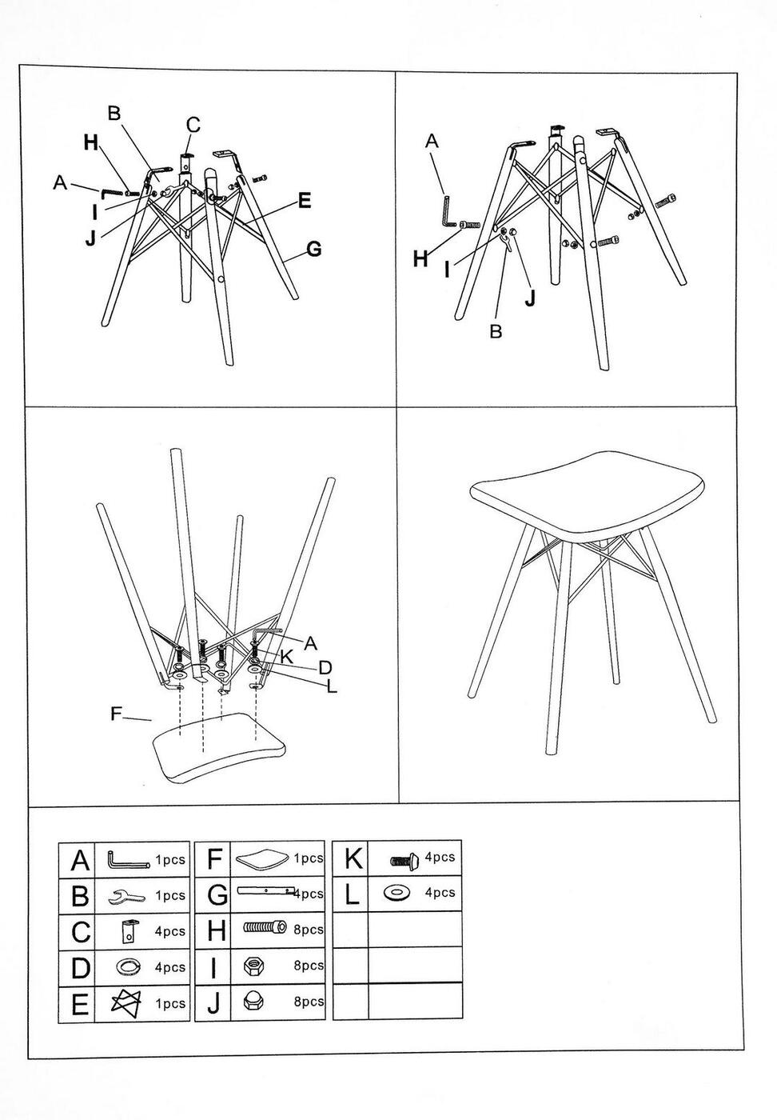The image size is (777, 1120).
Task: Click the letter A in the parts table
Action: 80,861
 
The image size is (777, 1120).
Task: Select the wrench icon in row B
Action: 126,897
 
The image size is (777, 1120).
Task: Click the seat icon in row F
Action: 262,860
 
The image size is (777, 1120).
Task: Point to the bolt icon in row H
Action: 265,927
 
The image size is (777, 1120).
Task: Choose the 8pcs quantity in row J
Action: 309,1002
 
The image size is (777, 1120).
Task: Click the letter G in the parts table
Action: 217,895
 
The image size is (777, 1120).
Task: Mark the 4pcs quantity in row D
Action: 170,967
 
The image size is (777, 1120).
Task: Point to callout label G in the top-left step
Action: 314,249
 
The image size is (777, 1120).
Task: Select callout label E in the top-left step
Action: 305,201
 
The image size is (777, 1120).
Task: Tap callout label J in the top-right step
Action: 530,298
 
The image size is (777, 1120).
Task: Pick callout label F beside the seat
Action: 116,714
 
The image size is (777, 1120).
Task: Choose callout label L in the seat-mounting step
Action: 331,686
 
